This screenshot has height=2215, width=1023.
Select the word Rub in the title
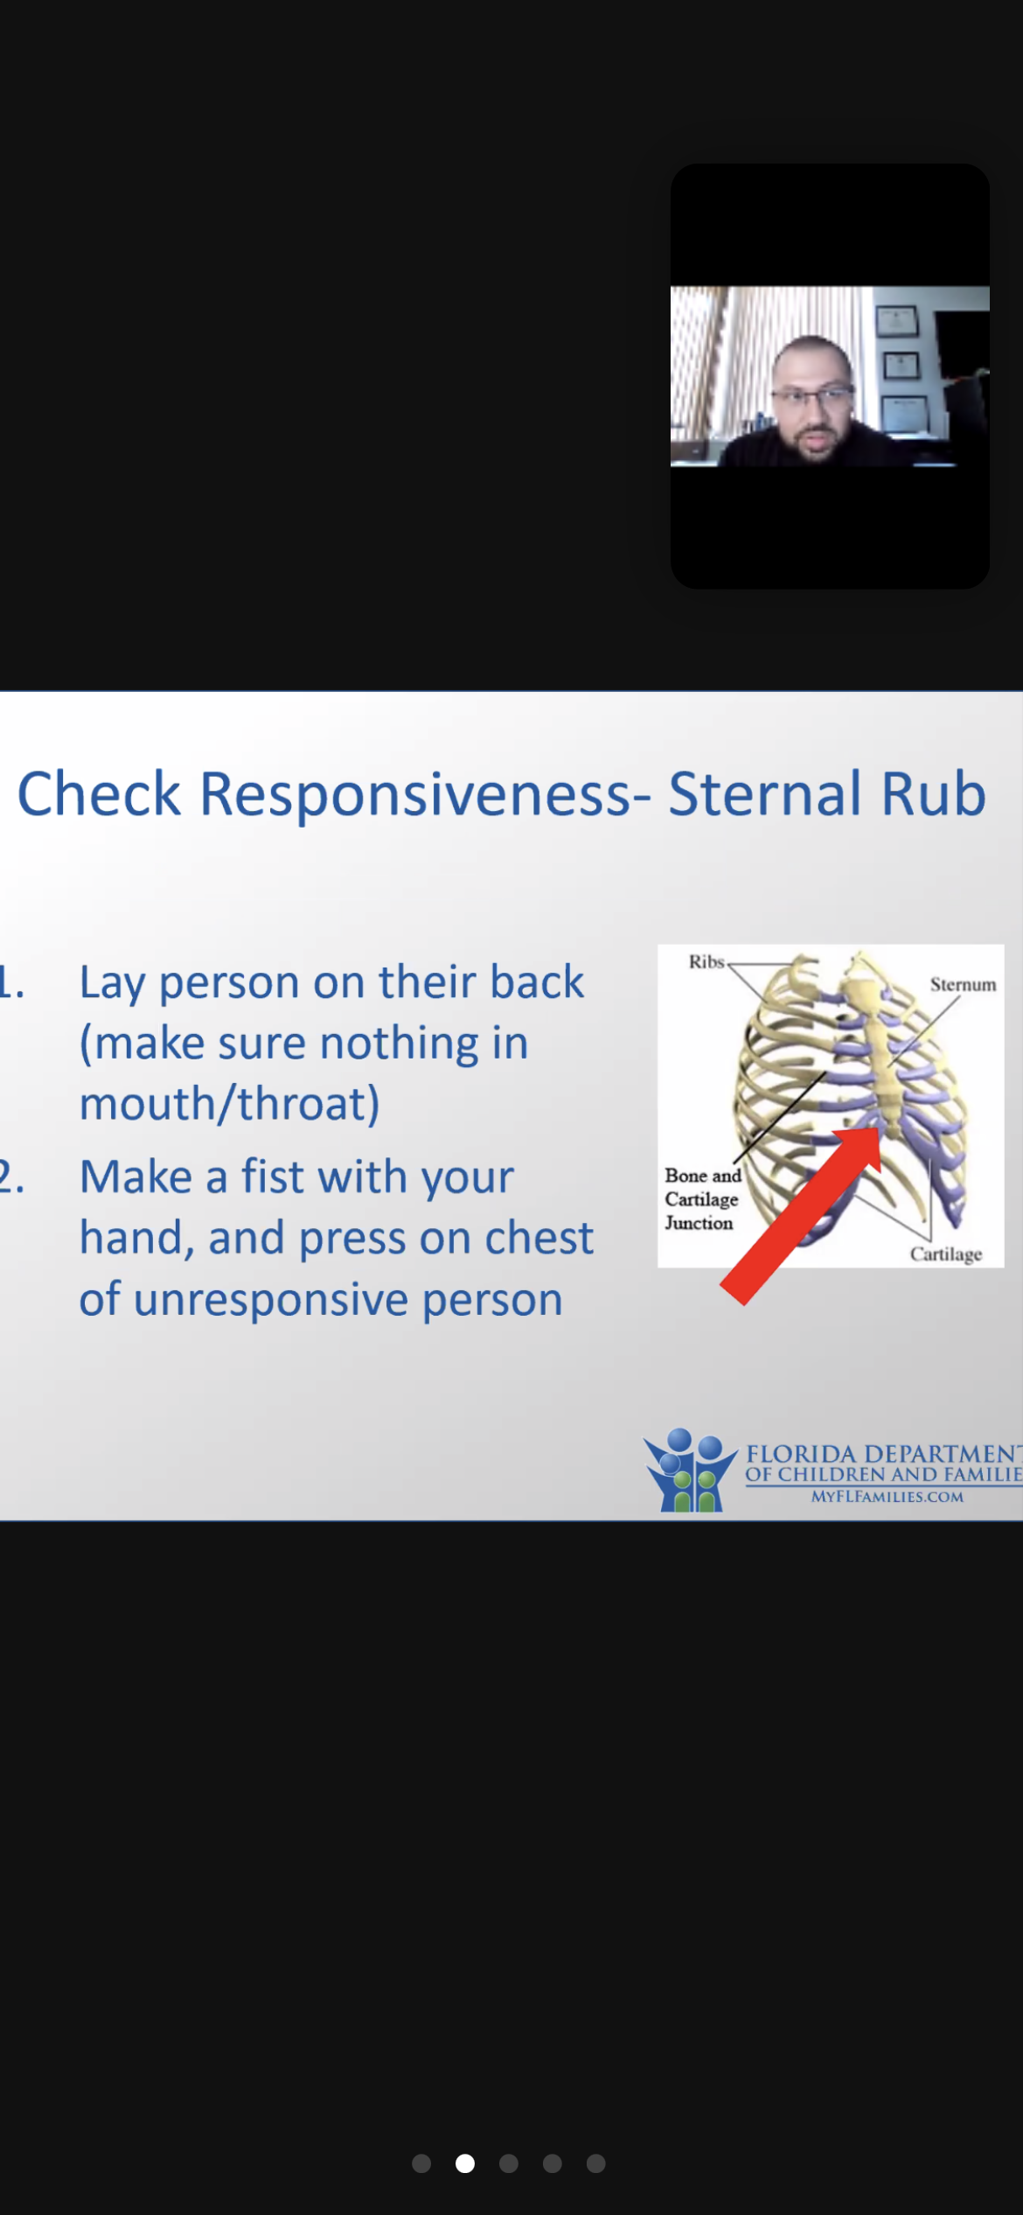pos(934,793)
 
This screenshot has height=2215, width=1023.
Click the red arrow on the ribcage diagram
pos(801,1216)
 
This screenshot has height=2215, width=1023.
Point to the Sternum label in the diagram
pos(963,984)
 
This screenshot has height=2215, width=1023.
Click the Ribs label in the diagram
pos(706,961)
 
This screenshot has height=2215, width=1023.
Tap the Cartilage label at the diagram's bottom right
pos(946,1254)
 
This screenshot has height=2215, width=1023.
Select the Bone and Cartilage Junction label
pos(702,1199)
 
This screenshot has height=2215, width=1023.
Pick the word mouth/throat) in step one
pos(230,1103)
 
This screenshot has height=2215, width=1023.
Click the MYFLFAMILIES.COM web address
pos(887,1497)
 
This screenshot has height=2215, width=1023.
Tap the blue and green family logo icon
pos(690,1471)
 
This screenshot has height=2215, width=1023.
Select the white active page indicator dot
pos(465,2163)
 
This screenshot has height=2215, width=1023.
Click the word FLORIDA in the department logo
pos(801,1454)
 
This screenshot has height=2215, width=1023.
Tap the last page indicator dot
pos(596,2163)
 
